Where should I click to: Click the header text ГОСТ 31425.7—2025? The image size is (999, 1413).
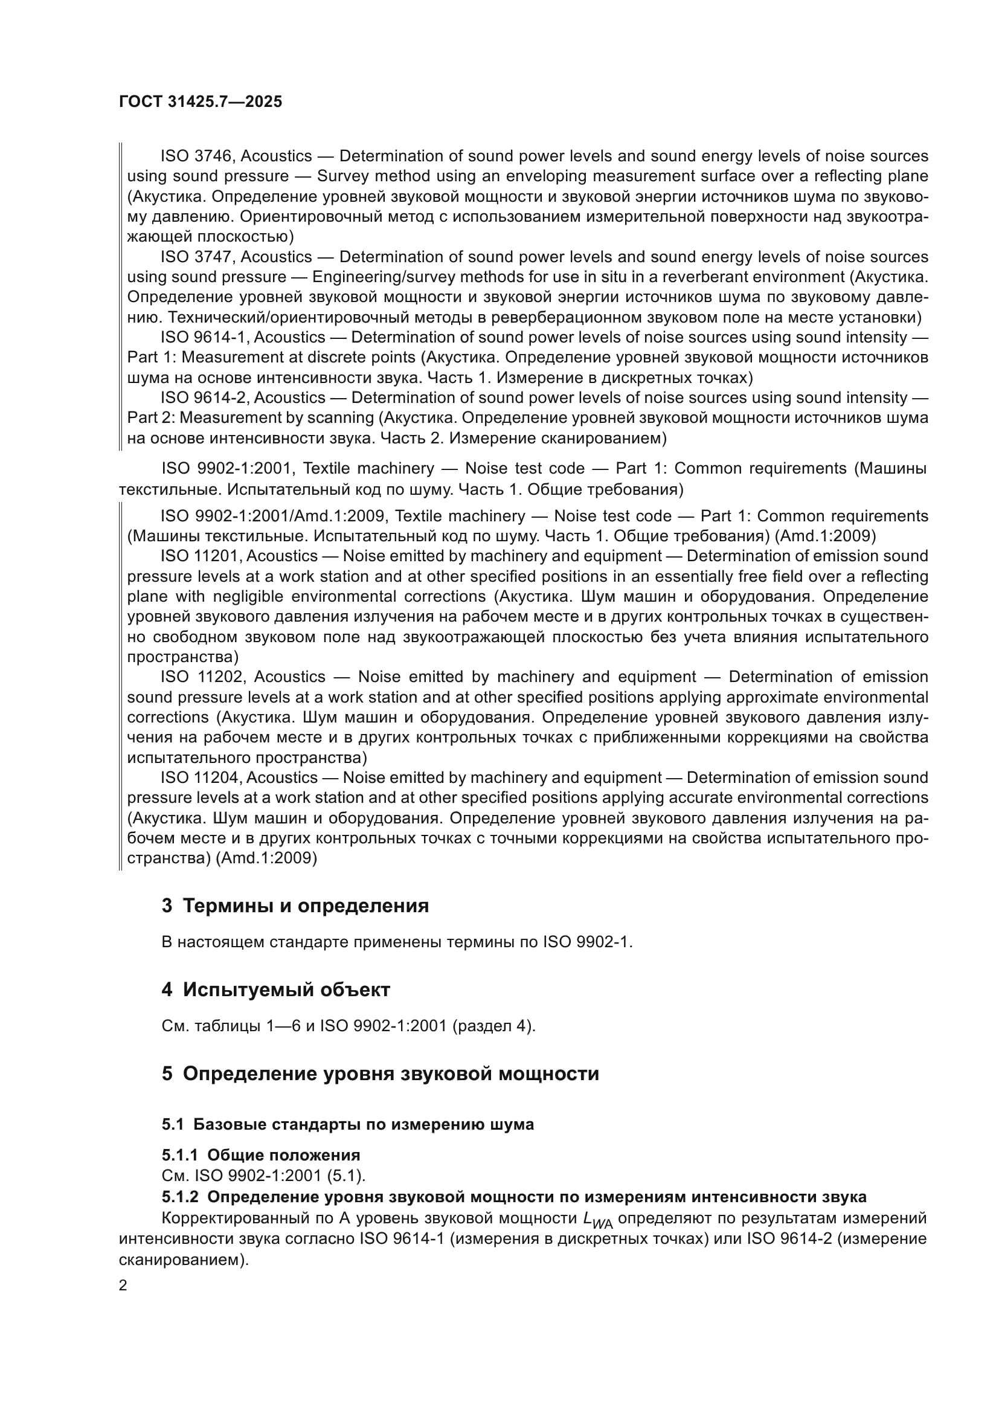(200, 101)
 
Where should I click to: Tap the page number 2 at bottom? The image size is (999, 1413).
(123, 1285)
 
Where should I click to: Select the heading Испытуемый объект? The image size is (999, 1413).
(286, 990)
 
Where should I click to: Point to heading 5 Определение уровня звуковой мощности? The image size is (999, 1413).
(379, 1073)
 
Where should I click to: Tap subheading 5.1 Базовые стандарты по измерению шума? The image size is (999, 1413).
(347, 1124)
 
